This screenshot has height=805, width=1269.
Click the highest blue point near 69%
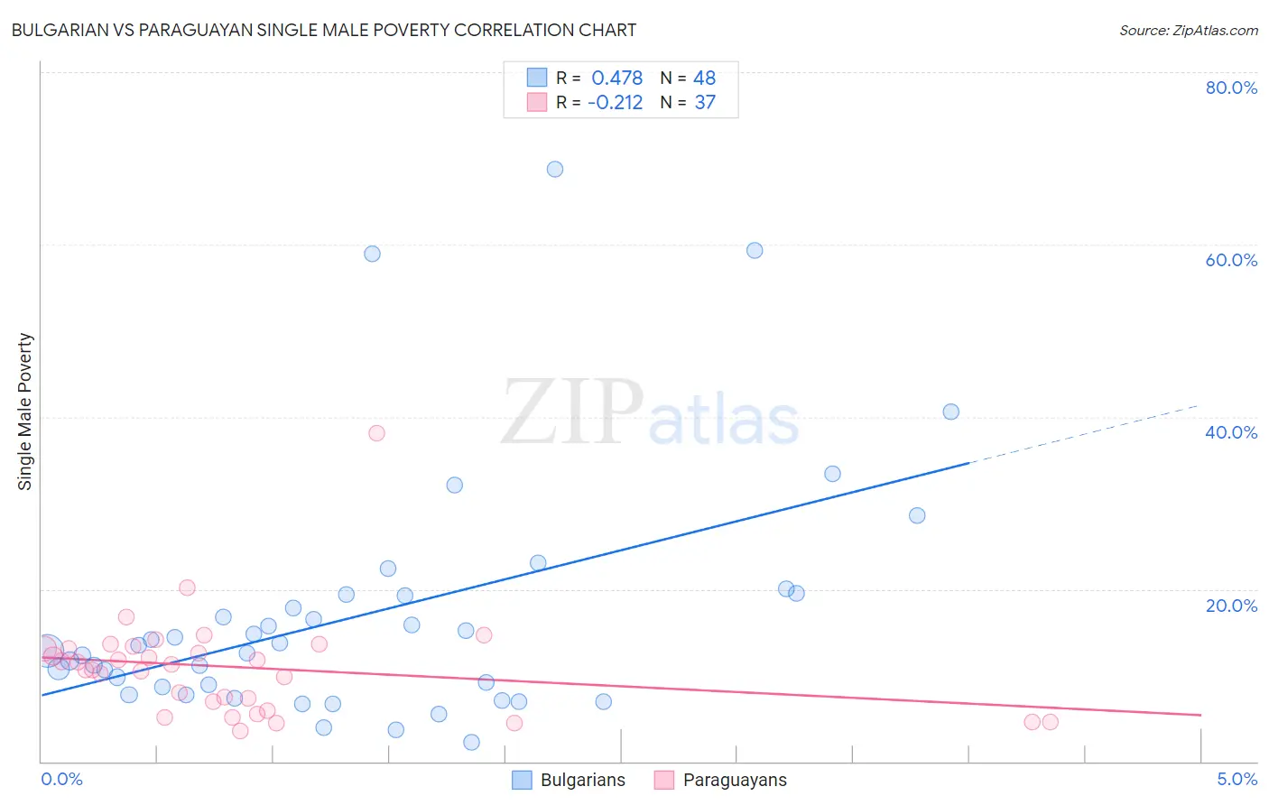555,170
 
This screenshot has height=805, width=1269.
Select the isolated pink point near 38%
376,433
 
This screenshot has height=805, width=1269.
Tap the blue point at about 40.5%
950,412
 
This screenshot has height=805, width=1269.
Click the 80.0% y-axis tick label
1231,88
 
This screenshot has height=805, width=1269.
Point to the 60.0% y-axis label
1231,260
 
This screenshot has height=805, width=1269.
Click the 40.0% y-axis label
1231,432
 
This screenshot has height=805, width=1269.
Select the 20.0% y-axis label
1231,606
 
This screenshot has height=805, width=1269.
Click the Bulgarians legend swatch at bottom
522,781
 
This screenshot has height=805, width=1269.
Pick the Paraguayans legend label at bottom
735,781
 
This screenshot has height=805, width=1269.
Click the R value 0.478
617,79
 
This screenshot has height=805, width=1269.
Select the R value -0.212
615,103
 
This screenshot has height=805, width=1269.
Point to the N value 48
704,79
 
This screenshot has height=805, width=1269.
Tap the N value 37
704,103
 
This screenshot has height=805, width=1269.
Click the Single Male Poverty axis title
25,412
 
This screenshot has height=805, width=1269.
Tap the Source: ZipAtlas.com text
1188,31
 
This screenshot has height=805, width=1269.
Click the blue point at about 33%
832,474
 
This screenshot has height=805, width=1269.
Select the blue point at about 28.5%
917,515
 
